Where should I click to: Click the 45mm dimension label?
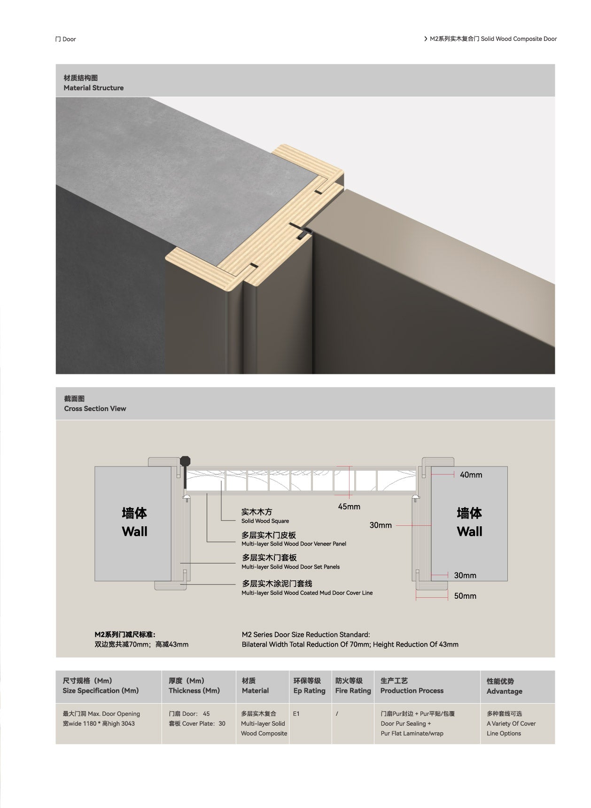tap(349, 507)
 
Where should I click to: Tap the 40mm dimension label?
tap(471, 475)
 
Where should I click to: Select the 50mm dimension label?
tap(465, 596)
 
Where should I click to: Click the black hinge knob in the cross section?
tap(186, 461)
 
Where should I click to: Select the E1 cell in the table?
tap(296, 713)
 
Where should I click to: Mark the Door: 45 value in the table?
tap(189, 713)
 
